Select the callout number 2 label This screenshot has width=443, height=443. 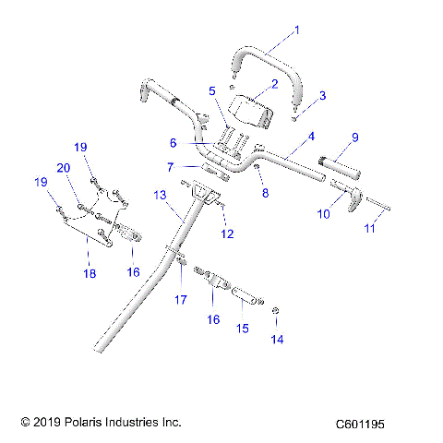click(273, 84)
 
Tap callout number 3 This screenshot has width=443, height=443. click(322, 95)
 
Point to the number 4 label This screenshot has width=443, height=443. click(311, 136)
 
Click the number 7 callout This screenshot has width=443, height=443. click(170, 166)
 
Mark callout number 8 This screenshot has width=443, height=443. click(265, 194)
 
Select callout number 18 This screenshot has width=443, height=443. click(90, 273)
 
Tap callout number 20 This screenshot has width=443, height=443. click(64, 167)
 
